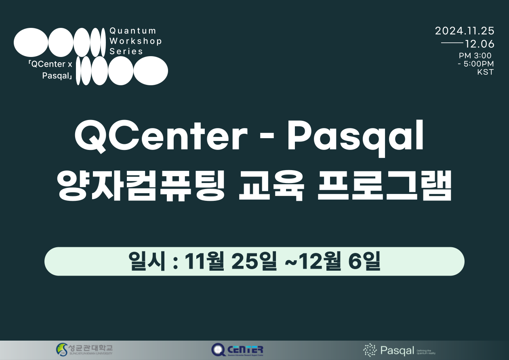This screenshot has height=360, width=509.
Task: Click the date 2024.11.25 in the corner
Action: [465, 31]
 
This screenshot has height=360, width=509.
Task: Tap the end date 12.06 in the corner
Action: [480, 44]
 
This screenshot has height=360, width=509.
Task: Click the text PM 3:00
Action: [475, 56]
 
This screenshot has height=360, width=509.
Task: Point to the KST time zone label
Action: [485, 73]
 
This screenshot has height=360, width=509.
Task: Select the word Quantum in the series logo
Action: [133, 31]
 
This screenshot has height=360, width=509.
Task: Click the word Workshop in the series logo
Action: [136, 41]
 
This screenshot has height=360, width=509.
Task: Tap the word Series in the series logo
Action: [126, 51]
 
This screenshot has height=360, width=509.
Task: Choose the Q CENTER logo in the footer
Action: [237, 349]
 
